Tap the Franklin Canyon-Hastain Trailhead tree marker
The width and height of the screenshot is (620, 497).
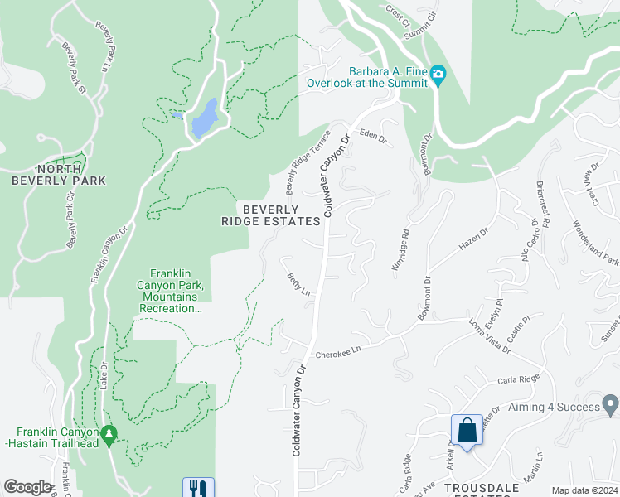pyautogui.click(x=108, y=435)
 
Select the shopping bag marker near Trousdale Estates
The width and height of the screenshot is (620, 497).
pyautogui.click(x=467, y=430)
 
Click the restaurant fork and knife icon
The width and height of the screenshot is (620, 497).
pyautogui.click(x=198, y=488)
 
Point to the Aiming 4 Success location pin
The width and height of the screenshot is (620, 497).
pyautogui.click(x=611, y=406)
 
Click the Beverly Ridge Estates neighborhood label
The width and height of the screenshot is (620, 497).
pyautogui.click(x=270, y=215)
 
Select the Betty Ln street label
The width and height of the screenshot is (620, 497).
pyautogui.click(x=298, y=286)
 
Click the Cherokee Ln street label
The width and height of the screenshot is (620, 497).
pyautogui.click(x=341, y=351)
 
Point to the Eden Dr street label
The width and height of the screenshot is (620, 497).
pyautogui.click(x=373, y=136)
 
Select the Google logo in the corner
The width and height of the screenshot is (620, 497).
pyautogui.click(x=28, y=487)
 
